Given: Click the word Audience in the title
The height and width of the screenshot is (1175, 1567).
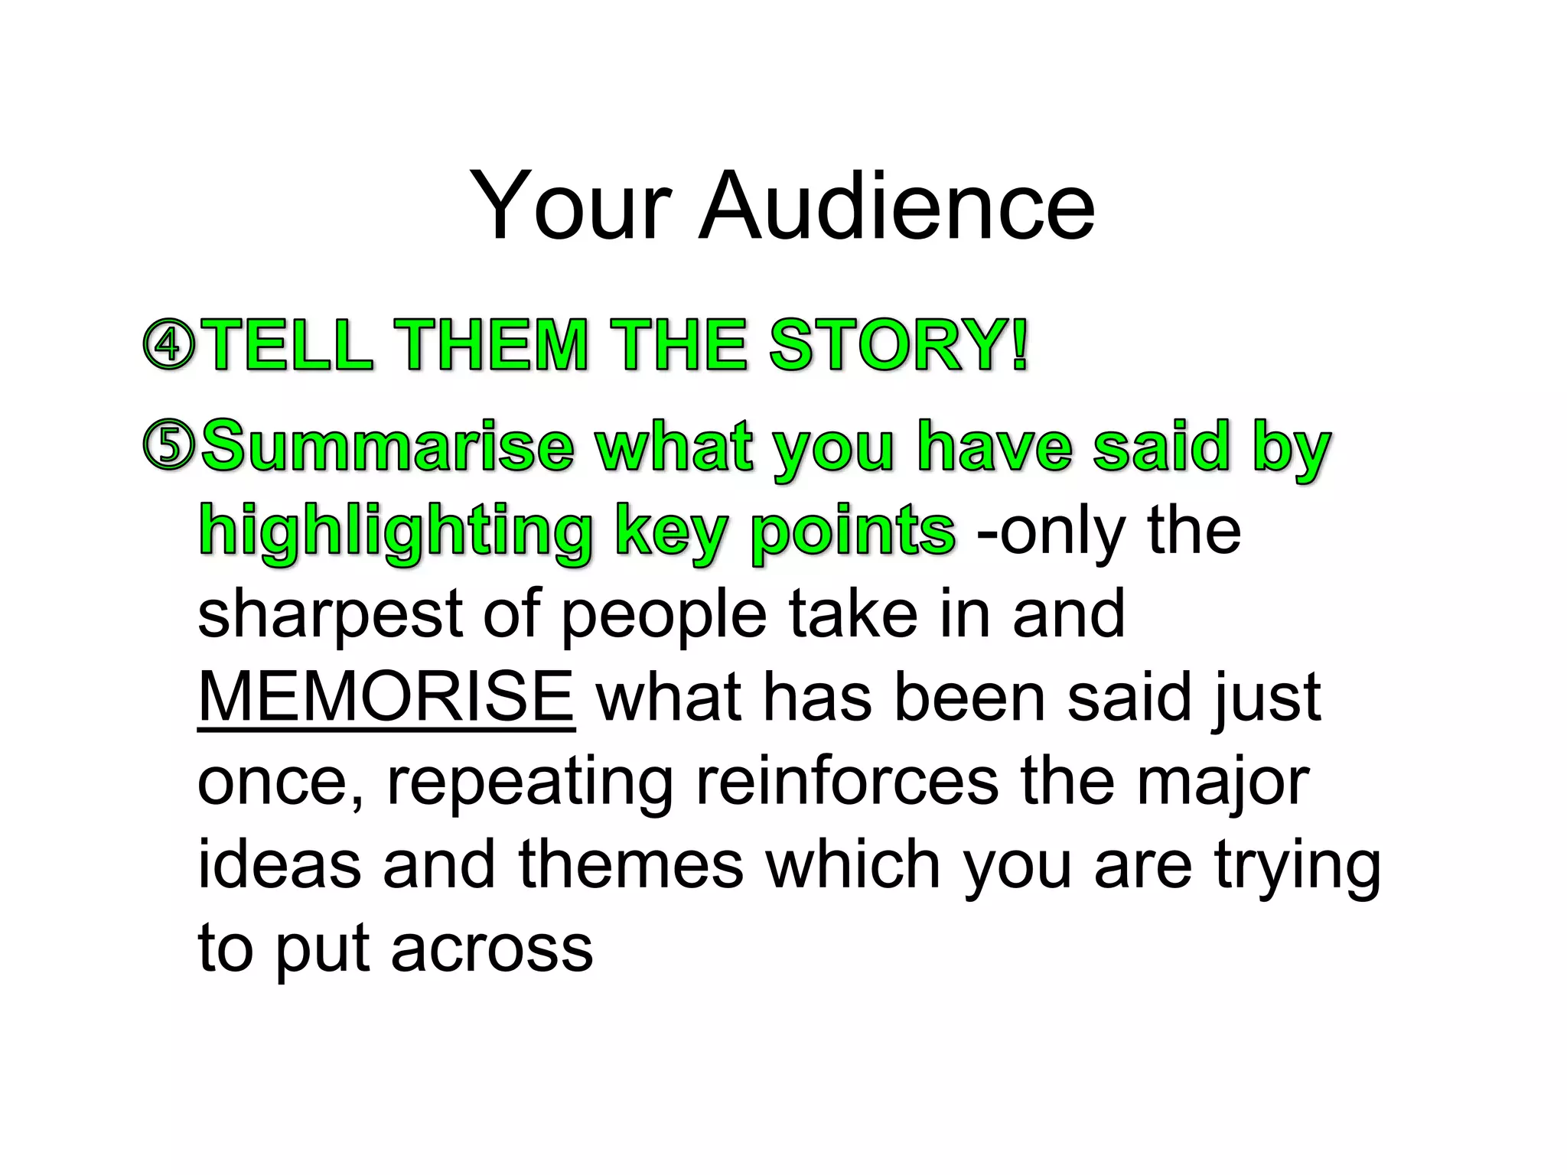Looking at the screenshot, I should point(897,207).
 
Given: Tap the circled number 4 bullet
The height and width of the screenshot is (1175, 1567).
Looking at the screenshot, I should point(169,345).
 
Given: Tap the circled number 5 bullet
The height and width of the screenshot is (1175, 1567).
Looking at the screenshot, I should point(169,447).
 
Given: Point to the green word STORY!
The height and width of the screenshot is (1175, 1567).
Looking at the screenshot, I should point(898,345).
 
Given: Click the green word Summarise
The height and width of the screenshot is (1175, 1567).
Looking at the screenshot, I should point(387,447).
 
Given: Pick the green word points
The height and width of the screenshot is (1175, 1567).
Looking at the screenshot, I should point(853,531).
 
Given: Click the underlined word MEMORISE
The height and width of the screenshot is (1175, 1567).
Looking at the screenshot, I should point(386,697).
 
